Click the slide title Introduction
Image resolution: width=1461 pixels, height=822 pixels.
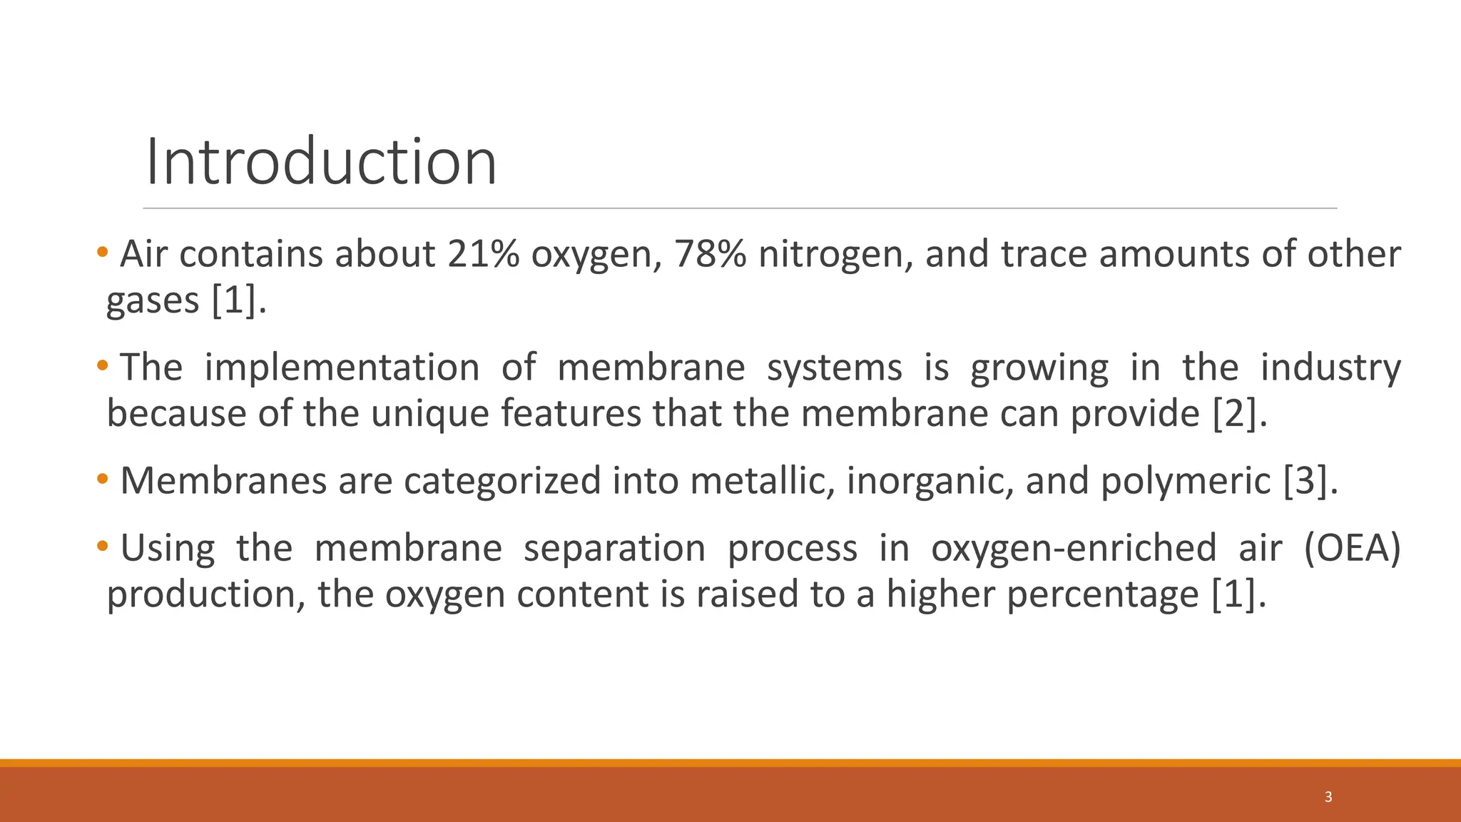pos(321,162)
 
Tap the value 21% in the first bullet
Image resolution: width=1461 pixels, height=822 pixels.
pos(483,254)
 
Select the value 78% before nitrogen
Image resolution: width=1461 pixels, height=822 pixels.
pos(710,254)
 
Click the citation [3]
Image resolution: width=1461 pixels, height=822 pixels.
pos(1310,481)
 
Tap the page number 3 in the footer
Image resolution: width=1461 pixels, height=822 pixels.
pos(1328,797)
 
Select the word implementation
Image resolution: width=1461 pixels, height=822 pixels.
pos(342,368)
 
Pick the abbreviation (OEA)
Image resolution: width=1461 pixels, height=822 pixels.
pos(1352,549)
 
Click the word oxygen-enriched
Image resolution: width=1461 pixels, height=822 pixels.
pos(1074,549)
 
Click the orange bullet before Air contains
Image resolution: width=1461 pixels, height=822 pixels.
pos(103,252)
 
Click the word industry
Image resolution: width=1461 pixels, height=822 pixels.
pos(1330,368)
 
